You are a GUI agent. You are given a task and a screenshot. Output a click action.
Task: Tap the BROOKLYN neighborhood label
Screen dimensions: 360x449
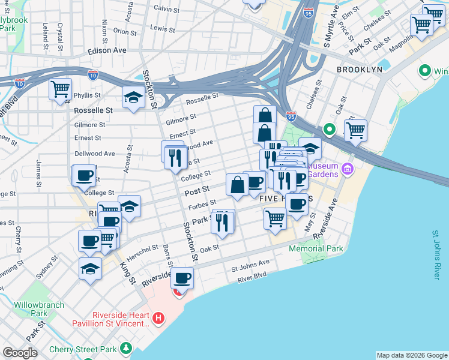(359, 70)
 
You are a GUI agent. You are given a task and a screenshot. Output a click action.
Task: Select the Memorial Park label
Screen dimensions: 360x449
(315, 248)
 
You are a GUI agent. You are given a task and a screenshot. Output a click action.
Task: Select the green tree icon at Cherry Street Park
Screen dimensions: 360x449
(126, 348)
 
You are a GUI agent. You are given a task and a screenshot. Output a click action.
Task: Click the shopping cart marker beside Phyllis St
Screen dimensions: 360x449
(60, 90)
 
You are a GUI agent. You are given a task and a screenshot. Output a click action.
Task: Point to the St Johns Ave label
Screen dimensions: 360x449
(251, 264)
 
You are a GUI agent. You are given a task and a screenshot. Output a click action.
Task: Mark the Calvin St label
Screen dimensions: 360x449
(166, 9)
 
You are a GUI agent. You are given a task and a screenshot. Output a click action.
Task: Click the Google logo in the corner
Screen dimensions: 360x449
(20, 353)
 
